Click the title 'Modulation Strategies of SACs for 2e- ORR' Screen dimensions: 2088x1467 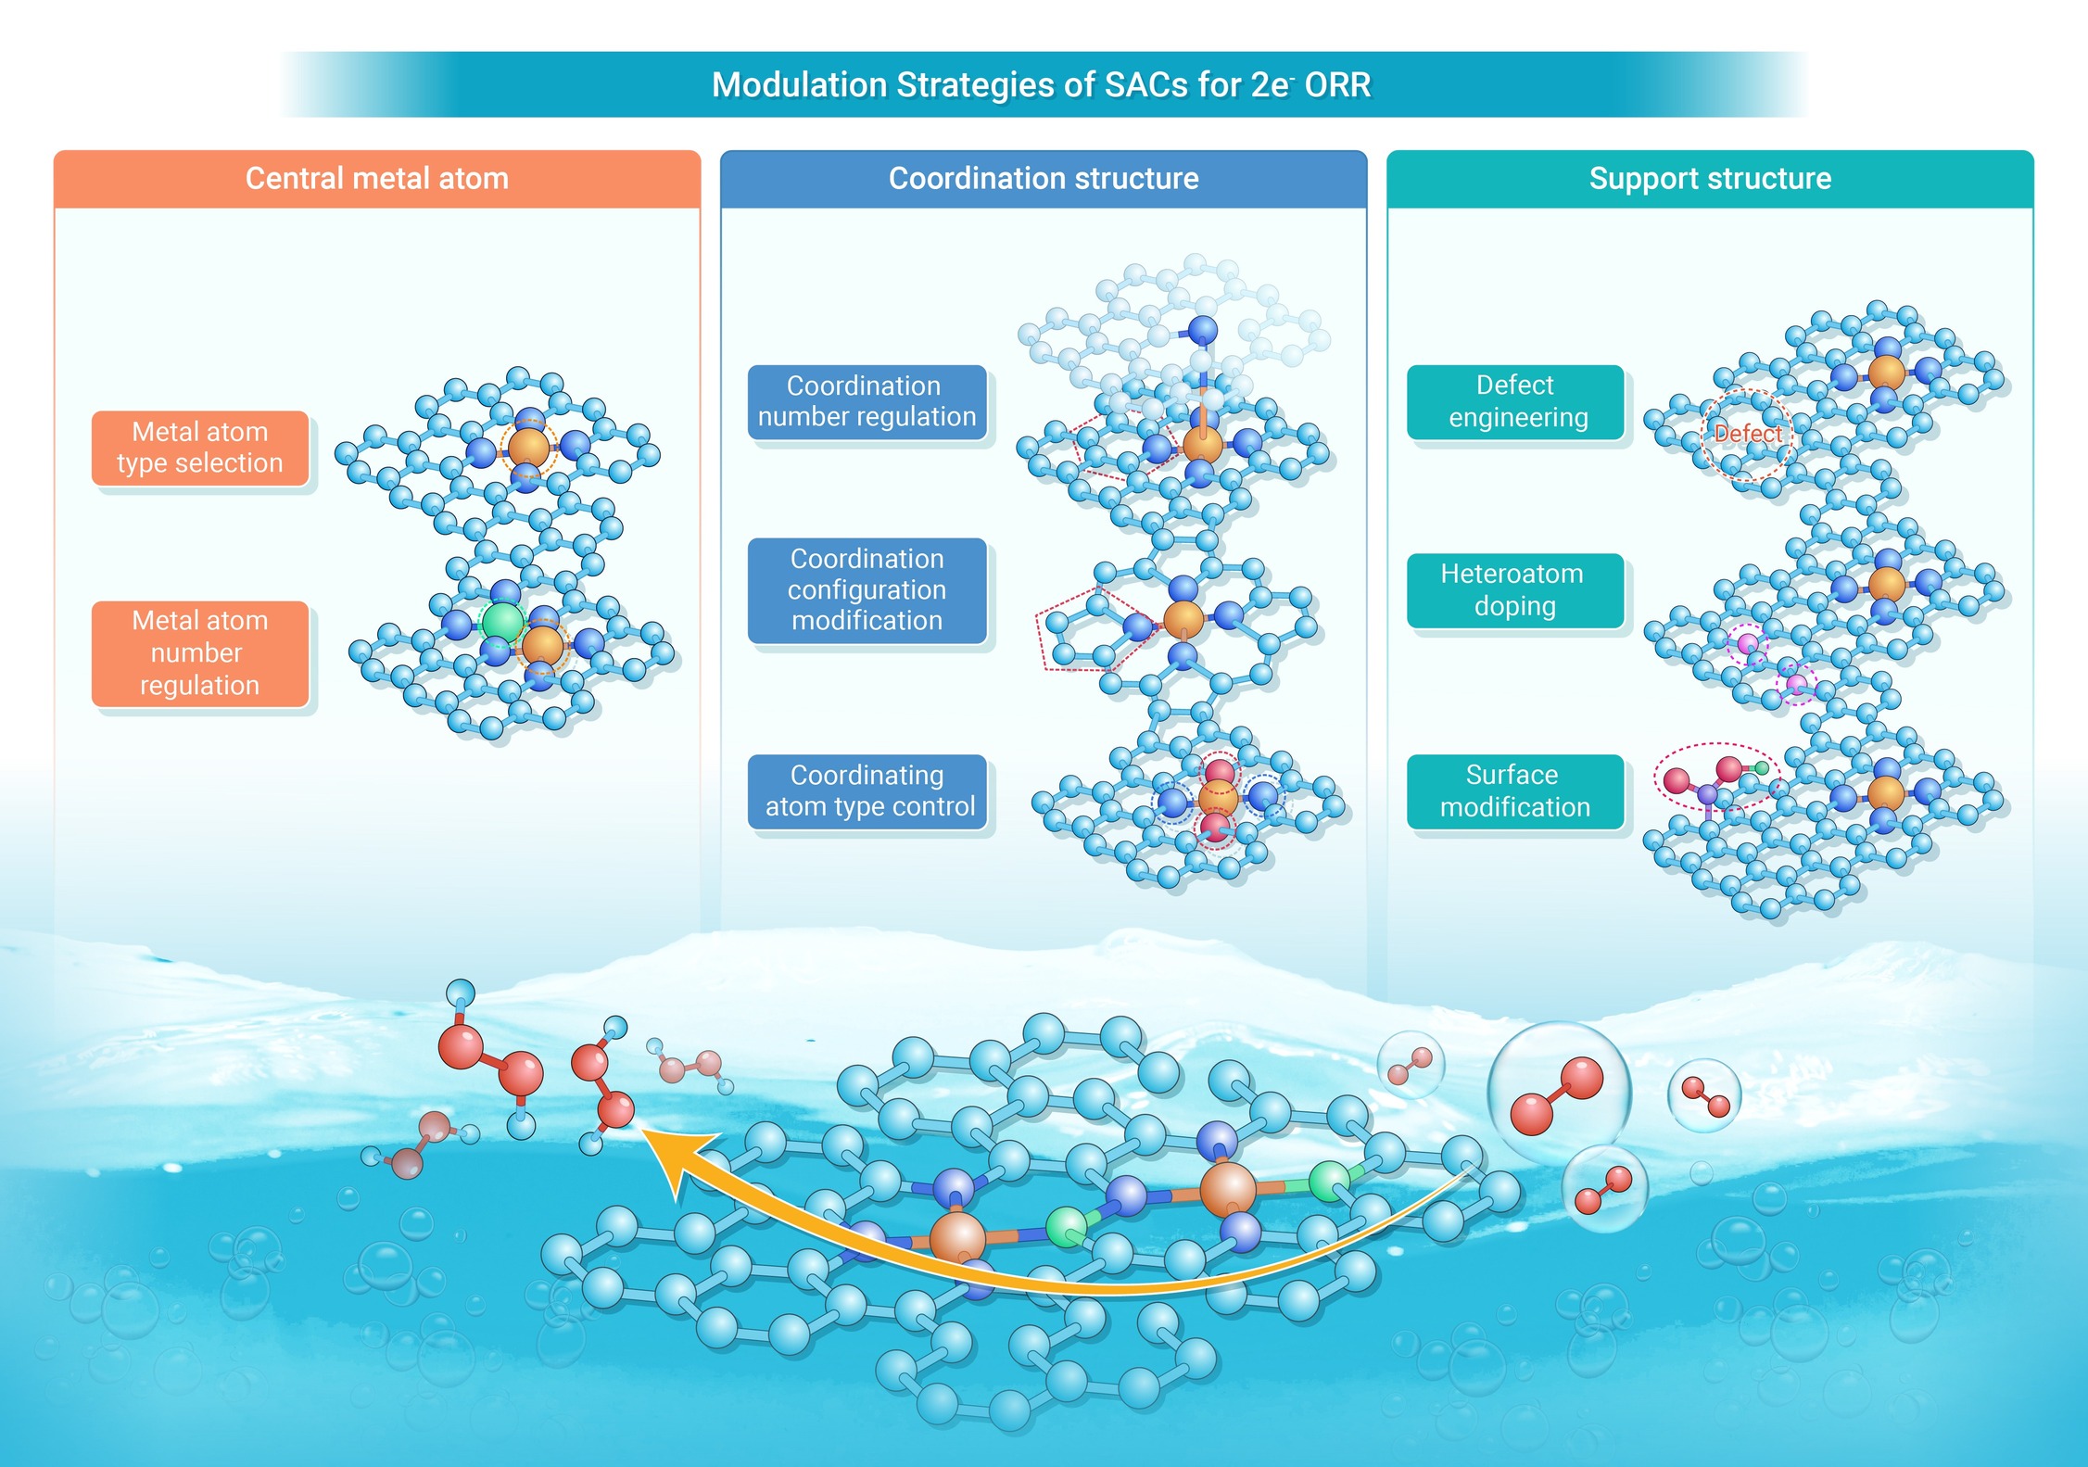point(1041,84)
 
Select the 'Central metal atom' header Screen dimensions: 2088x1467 point(377,178)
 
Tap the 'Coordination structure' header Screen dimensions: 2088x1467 point(1044,178)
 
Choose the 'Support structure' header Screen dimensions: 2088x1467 point(1710,178)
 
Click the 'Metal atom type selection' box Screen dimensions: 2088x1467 point(200,448)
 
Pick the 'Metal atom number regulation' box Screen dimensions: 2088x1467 point(200,653)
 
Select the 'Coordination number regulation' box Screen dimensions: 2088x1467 point(867,401)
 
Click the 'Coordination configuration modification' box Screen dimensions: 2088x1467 point(867,590)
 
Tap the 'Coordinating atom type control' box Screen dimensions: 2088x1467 point(867,790)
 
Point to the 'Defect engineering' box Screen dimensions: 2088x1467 point(1516,401)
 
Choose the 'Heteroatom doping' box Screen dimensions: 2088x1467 point(1516,590)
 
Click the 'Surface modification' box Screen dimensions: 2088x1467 point(1516,790)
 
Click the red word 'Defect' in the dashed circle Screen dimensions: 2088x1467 point(1747,433)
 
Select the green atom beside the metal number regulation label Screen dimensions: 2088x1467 point(503,621)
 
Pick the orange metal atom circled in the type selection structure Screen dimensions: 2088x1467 point(528,448)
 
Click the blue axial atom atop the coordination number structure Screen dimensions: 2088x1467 point(1202,330)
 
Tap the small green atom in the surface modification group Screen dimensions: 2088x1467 point(1761,767)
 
